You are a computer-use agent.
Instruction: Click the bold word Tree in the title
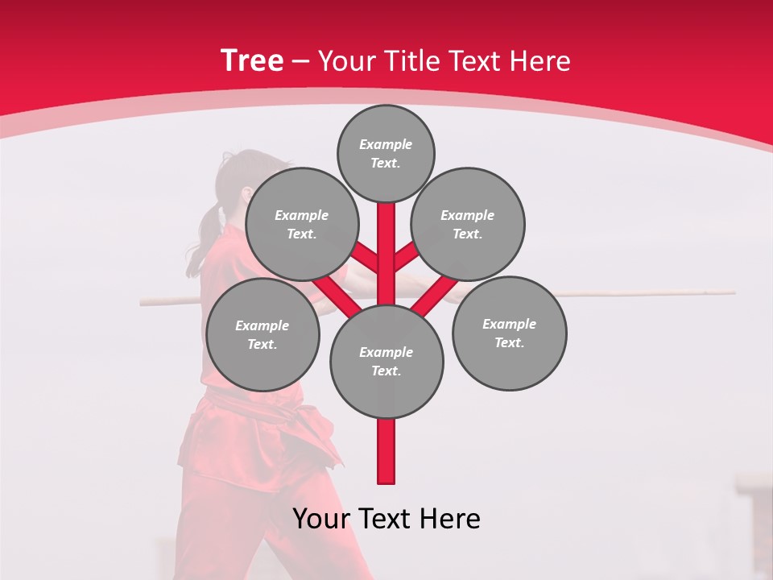click(x=252, y=60)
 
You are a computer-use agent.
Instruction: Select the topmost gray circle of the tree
click(x=386, y=153)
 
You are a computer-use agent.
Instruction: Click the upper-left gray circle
click(x=301, y=225)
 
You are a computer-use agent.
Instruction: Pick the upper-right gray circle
click(x=468, y=225)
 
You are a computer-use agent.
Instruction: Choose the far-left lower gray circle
click(x=262, y=335)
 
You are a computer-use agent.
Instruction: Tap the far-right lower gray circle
click(x=509, y=333)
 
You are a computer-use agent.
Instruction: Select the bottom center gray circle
click(x=386, y=361)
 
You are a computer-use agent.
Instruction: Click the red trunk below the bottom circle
click(x=386, y=451)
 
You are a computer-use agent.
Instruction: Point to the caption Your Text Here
click(x=386, y=519)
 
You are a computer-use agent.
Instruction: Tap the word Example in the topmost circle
click(x=386, y=144)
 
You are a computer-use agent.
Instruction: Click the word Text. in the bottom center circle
click(x=386, y=371)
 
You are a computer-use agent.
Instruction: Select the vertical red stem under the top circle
click(x=386, y=242)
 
